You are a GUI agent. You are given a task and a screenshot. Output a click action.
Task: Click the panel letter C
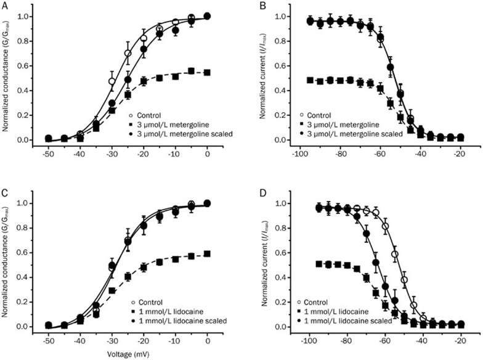[x=4, y=193]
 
